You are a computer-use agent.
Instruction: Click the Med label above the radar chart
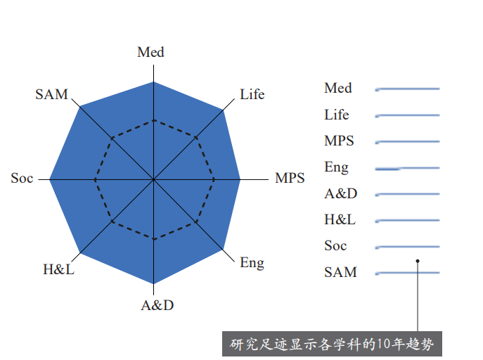[150, 52]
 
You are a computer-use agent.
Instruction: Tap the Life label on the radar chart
[252, 94]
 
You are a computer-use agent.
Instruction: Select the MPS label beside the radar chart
[290, 178]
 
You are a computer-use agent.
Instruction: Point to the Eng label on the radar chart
[252, 263]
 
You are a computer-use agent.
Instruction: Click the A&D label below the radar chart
[157, 305]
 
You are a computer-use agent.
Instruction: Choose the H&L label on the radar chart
[58, 269]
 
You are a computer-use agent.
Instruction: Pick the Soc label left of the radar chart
[22, 178]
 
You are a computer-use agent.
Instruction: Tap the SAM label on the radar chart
[51, 94]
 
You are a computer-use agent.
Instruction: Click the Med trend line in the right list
[407, 89]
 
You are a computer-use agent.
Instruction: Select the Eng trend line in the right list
[407, 169]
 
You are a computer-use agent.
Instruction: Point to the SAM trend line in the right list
[407, 273]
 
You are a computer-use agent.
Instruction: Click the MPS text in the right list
[339, 141]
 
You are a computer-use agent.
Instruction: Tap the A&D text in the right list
[341, 193]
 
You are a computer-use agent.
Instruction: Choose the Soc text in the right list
[335, 246]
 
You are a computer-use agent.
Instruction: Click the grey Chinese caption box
[332, 344]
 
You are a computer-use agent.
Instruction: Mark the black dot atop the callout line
[418, 261]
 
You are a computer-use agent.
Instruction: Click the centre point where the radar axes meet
[153, 179]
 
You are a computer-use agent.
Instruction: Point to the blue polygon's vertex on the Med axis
[153, 82]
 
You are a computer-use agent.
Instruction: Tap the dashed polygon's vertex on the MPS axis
[214, 179]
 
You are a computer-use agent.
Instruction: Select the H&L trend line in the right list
[407, 221]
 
